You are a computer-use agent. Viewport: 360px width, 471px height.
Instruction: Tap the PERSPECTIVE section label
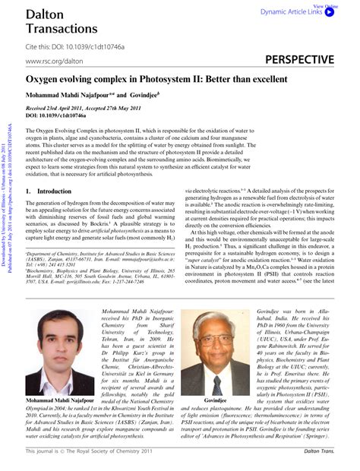pos(302,58)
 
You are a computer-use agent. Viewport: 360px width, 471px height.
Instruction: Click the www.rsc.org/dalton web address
pos(54,60)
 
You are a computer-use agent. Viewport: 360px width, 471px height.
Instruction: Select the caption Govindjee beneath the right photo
pos(216,400)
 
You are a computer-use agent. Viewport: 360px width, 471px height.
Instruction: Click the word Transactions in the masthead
pos(59,29)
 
